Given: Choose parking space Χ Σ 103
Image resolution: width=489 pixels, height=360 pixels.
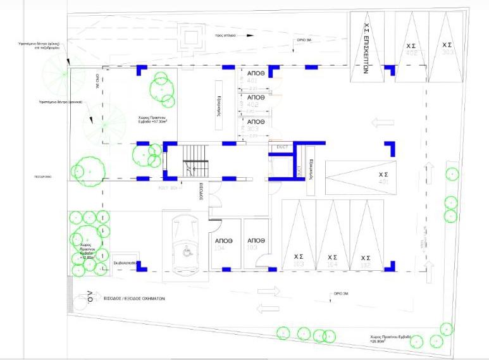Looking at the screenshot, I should pos(298,260).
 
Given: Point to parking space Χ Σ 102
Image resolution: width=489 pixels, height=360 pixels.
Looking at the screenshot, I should pos(365,260).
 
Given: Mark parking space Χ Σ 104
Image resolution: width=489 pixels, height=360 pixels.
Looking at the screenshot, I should pos(332,260).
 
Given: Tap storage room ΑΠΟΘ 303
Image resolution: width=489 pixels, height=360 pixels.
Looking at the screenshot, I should pos(255,123).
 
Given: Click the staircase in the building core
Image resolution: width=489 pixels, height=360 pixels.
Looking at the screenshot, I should pos(195,162).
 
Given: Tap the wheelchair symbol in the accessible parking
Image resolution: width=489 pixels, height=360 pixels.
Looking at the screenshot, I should pos(185,252).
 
